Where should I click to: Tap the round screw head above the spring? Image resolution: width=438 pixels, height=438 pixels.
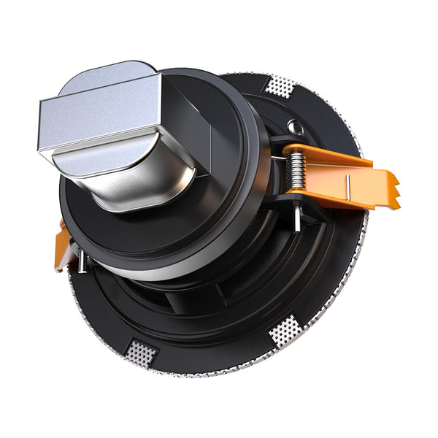click(293, 127)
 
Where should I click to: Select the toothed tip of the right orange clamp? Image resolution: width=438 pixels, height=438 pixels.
click(391, 191)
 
